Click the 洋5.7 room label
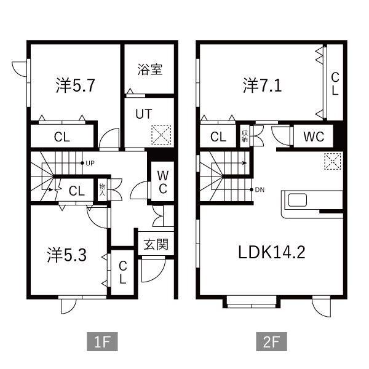75,85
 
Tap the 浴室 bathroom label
150,69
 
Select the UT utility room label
143,114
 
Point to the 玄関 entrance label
156,244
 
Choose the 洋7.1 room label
262,85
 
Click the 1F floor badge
102,341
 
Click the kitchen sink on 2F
297,200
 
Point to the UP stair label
90,163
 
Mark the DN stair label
260,189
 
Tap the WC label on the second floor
314,137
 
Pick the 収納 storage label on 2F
245,136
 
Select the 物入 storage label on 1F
102,189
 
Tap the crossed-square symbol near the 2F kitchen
332,161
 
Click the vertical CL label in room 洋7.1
335,84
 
